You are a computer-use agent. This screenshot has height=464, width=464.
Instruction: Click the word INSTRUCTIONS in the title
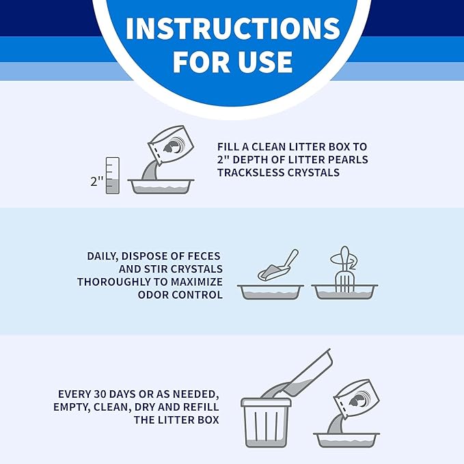(233, 29)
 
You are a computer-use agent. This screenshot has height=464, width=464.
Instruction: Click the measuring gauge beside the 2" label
(113, 176)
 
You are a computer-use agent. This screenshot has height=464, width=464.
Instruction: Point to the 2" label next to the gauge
(97, 181)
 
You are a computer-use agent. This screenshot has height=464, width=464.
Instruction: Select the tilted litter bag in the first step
(170, 145)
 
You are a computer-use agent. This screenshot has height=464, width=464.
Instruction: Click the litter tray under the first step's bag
(161, 187)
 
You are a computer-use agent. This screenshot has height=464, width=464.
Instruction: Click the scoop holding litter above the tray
(277, 265)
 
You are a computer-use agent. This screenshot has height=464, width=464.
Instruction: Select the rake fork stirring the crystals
(344, 269)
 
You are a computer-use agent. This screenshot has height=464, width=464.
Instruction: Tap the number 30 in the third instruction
(100, 394)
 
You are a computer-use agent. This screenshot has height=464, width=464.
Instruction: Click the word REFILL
(201, 407)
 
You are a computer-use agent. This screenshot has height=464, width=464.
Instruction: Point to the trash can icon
(266, 422)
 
